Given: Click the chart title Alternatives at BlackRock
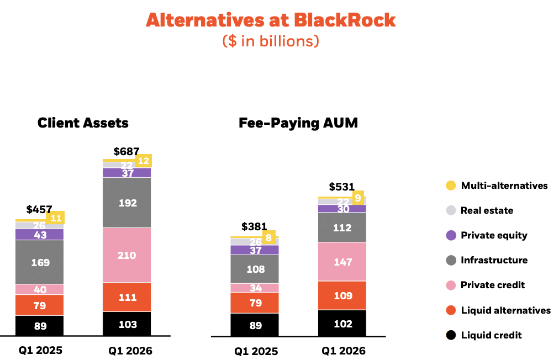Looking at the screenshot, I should [x=271, y=20].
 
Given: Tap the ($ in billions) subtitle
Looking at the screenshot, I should [x=271, y=41].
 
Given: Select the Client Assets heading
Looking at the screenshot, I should [x=83, y=123].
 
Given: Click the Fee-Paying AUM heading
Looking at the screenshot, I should [x=298, y=123].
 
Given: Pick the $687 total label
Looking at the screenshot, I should [x=126, y=151].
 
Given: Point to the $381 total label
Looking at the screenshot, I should [x=255, y=226].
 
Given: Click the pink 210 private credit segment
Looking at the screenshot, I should [x=127, y=255].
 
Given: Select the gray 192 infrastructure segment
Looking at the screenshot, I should [x=127, y=203].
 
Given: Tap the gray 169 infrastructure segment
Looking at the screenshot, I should [x=40, y=262].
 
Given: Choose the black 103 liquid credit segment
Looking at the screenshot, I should [x=127, y=324].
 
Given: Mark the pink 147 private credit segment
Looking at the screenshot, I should [x=342, y=262].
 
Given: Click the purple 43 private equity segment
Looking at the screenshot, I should [x=40, y=235].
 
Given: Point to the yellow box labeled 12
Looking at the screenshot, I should [x=143, y=161].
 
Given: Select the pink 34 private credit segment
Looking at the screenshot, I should [x=255, y=288].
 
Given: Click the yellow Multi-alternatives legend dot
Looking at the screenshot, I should [x=451, y=186].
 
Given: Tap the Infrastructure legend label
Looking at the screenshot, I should [x=494, y=260].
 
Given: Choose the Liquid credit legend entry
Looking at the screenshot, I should [x=491, y=335].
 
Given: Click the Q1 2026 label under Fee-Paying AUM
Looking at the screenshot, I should [x=344, y=351].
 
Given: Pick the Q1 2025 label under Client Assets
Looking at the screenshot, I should [x=40, y=350].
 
